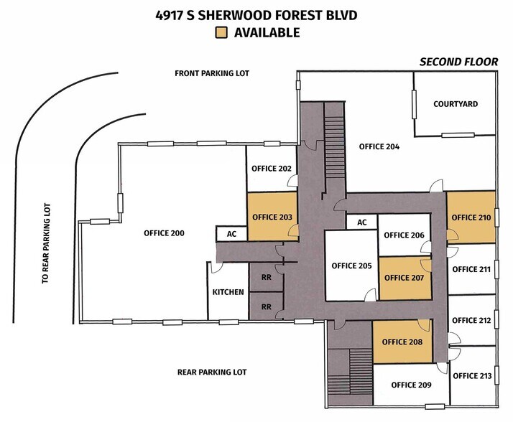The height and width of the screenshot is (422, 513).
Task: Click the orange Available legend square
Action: coord(223,32)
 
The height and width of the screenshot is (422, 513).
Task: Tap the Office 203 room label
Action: coord(272,217)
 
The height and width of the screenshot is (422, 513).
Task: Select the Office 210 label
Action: coord(471,217)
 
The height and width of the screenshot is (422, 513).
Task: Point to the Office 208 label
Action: coord(401,342)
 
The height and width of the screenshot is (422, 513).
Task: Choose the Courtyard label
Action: coord(456,104)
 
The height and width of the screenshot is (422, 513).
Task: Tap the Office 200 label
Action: coord(164,233)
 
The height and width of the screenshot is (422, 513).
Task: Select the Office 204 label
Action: coord(379,147)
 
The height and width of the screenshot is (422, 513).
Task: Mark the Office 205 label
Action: coord(351,266)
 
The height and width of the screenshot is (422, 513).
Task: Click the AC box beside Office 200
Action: coord(231,234)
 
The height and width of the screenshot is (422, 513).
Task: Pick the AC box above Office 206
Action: coord(362,222)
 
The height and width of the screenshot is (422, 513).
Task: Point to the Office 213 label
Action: coord(473,375)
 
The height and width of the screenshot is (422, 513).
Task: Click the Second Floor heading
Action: coord(459,62)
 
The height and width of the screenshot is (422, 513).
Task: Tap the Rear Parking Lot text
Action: coord(212,372)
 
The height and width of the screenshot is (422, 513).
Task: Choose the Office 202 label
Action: coord(271,169)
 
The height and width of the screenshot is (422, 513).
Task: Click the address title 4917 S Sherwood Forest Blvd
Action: coord(256,14)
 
